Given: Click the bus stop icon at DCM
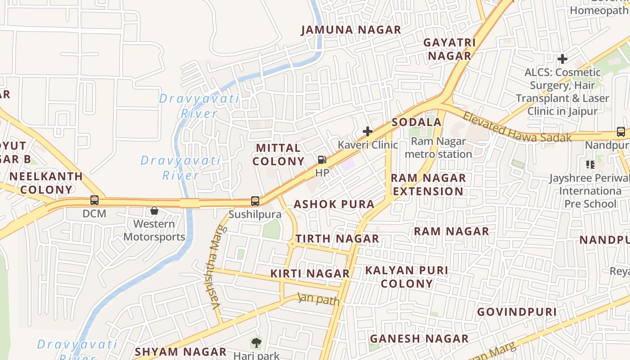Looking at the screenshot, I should tap(94, 200).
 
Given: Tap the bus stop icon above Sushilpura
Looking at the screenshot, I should tap(255, 201).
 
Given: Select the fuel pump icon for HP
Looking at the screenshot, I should tap(322, 160).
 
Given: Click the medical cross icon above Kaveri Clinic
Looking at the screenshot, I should tap(368, 131).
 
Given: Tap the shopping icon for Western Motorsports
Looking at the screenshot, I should tap(154, 211).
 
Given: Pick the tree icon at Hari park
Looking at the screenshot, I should tap(256, 343).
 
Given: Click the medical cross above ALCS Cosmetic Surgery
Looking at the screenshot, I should tap(562, 59).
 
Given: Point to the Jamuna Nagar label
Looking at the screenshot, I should tap(351, 30).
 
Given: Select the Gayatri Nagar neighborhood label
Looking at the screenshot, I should tap(450, 49).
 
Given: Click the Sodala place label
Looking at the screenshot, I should tap(416, 122).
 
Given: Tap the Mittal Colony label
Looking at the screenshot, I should tap(278, 154).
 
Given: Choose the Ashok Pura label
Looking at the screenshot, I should tap(334, 204).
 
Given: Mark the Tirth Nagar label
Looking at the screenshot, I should tap(337, 239).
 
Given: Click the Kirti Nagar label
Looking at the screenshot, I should tap(310, 273).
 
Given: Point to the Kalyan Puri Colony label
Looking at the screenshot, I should tap(406, 277).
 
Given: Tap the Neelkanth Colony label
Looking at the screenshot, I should tap(46, 183).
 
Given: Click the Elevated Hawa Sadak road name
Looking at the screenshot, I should tap(517, 127).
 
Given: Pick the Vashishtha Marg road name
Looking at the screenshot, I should tap(216, 267).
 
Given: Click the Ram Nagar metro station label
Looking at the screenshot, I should tap(438, 148).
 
